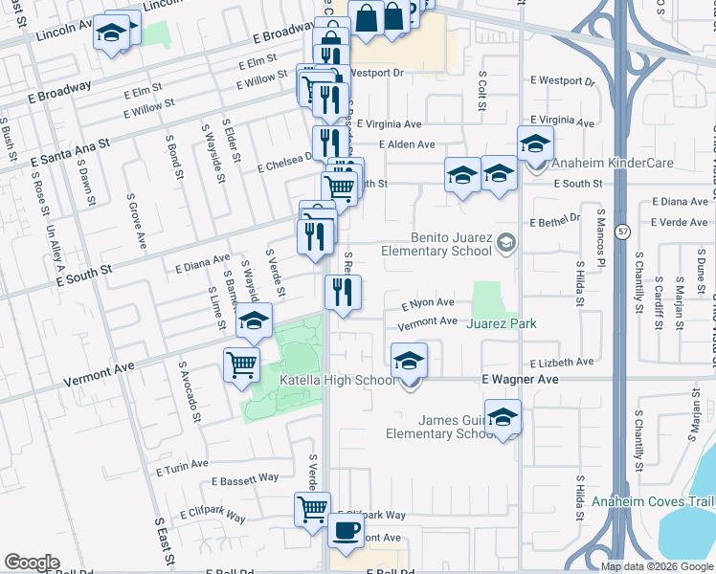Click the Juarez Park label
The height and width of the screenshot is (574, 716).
501,323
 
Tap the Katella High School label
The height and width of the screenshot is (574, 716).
337,380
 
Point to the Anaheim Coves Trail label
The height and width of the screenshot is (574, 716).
653,501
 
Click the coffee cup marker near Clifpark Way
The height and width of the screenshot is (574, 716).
346,530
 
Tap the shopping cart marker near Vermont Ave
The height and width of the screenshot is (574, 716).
242,364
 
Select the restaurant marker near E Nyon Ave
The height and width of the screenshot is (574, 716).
343,293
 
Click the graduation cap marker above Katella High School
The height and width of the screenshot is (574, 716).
410,361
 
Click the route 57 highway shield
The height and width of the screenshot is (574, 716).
623,232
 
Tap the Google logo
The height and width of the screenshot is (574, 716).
32,563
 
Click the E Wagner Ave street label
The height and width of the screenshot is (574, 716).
520,380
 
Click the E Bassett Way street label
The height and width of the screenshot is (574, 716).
245,477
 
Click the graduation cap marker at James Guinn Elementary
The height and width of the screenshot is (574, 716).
503,417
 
